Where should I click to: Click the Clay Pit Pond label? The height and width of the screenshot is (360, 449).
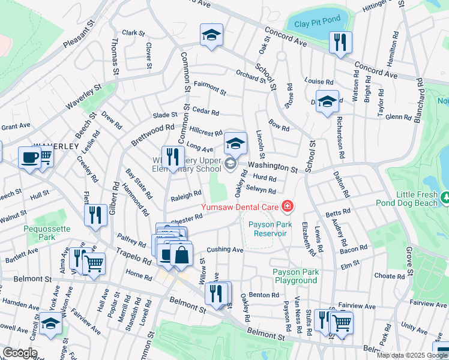click(314, 22)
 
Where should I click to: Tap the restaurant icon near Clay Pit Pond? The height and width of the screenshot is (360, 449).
click(340, 43)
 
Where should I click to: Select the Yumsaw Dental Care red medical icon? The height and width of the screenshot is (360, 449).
click(288, 206)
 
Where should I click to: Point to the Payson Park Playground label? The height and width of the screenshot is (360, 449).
click(295, 276)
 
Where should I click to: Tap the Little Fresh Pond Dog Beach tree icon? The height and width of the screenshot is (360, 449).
click(445, 197)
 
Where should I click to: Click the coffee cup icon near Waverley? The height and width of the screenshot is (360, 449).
click(29, 158)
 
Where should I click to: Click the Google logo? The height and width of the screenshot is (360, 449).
click(20, 353)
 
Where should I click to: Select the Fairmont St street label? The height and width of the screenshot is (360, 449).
click(209, 92)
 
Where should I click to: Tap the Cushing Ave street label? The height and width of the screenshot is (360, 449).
click(224, 250)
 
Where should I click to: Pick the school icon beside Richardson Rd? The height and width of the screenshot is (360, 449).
click(327, 102)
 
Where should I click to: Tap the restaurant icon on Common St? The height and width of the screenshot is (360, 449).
click(173, 158)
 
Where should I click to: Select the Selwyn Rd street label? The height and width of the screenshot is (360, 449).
click(265, 191)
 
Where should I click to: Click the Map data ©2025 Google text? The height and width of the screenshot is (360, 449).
click(411, 355)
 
